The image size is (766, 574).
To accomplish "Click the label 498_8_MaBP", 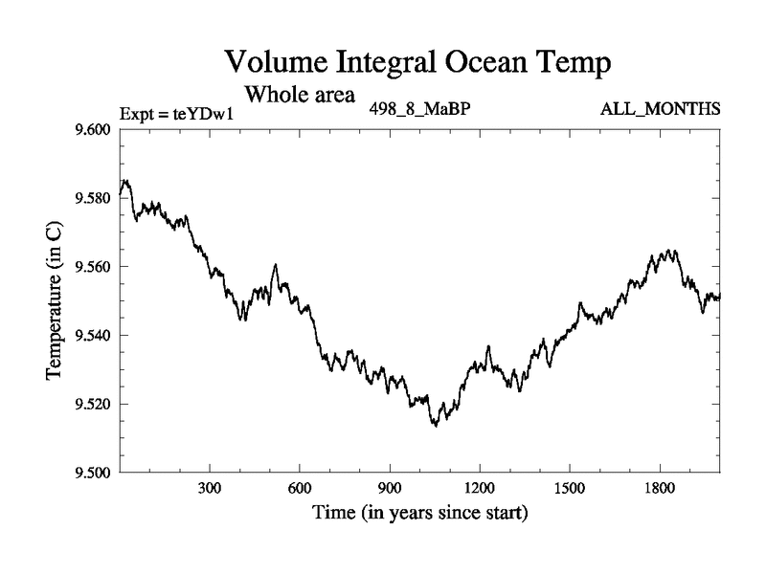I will click(419, 109).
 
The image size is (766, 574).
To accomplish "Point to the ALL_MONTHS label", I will click(660, 109).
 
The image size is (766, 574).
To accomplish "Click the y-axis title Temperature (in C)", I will click(55, 300).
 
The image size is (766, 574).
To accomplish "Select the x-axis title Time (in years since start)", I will click(419, 514).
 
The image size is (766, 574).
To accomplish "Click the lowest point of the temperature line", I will click(436, 426).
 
